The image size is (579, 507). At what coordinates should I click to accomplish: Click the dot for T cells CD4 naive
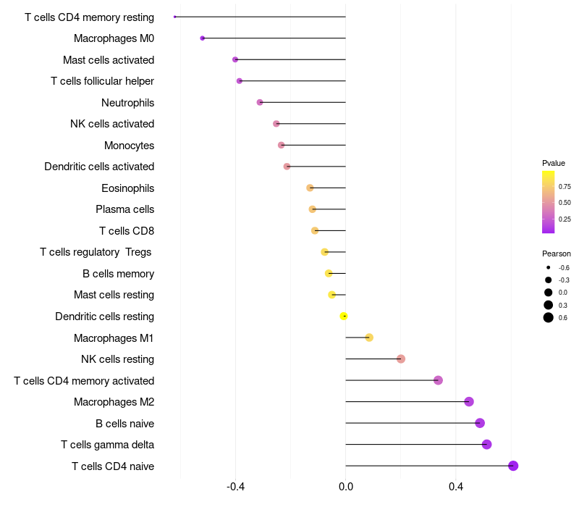(x=513, y=466)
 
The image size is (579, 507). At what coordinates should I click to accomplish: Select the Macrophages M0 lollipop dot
(x=203, y=38)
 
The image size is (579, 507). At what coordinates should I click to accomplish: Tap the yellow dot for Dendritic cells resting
(x=344, y=316)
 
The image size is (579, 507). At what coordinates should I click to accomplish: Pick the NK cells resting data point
(x=401, y=359)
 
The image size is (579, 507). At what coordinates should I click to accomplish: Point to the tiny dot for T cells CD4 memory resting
(x=174, y=17)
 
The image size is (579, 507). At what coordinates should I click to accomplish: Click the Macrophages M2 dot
(x=469, y=401)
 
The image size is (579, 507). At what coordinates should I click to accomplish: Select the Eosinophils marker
(x=310, y=188)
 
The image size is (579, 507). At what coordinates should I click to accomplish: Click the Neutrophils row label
(x=128, y=102)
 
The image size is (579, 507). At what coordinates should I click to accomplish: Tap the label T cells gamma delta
(x=107, y=445)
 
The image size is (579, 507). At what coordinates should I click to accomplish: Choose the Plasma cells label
(x=124, y=209)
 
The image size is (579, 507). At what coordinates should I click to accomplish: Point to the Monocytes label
(x=130, y=146)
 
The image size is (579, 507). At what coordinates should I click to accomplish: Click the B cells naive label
(x=124, y=423)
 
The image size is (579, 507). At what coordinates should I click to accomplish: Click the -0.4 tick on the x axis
(x=236, y=486)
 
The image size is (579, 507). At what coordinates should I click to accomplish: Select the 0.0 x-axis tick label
(x=346, y=486)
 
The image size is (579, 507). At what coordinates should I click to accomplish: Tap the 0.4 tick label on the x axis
(x=456, y=486)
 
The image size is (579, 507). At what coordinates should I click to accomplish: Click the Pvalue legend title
(x=554, y=163)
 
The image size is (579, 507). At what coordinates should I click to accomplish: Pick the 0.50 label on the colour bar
(x=565, y=203)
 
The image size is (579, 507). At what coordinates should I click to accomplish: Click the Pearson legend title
(x=556, y=253)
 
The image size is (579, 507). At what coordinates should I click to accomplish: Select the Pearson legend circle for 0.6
(x=549, y=317)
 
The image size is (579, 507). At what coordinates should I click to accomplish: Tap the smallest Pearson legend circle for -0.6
(x=549, y=267)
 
